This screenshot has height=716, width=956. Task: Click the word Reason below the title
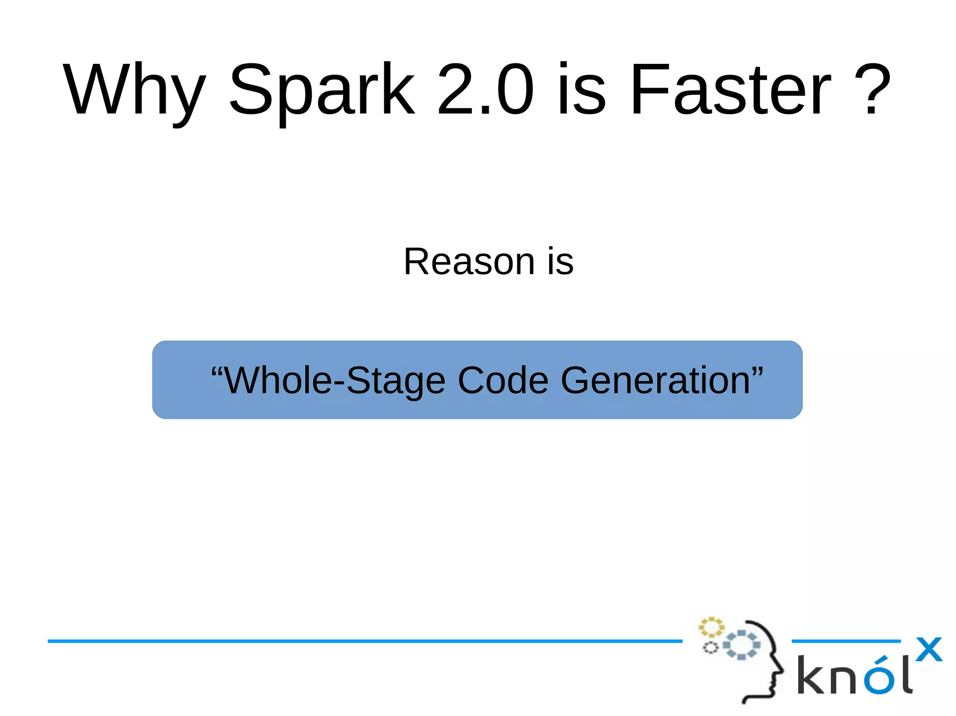pos(469,262)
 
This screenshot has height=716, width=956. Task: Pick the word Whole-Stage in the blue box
pos(335,381)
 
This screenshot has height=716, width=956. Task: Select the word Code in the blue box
pos(503,381)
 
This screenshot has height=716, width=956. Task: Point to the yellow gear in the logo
pos(711,627)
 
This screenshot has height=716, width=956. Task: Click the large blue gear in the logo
pos(741,645)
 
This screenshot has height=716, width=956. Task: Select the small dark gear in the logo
pos(710,647)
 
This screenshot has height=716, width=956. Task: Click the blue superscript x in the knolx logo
pos(928,649)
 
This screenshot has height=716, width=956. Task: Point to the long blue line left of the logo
pos(364,641)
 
